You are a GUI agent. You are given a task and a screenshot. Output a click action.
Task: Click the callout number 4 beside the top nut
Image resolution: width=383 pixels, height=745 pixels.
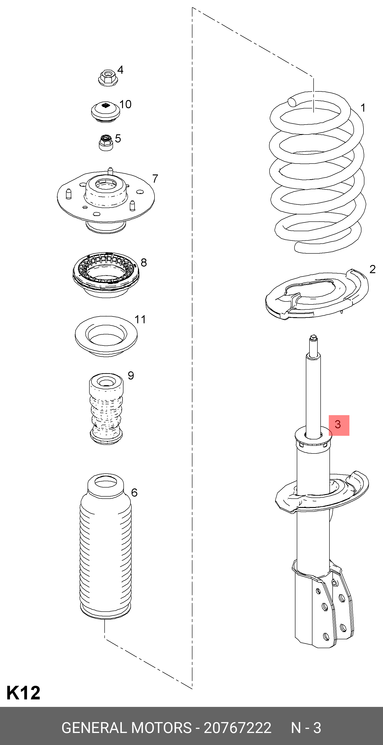(120, 70)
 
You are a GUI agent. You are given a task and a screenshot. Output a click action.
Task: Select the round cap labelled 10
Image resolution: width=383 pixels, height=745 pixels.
(105, 112)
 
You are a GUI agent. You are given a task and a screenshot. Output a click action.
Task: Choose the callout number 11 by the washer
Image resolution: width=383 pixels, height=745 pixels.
(140, 320)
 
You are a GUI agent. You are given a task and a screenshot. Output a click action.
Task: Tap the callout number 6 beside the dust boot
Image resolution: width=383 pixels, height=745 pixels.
(134, 493)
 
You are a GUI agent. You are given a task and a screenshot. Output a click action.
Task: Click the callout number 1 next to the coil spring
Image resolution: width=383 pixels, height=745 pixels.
(363, 108)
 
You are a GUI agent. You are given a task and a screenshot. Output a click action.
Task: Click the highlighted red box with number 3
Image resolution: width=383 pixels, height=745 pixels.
(339, 425)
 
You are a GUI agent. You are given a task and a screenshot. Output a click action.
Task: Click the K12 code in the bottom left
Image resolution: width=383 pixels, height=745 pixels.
(23, 693)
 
